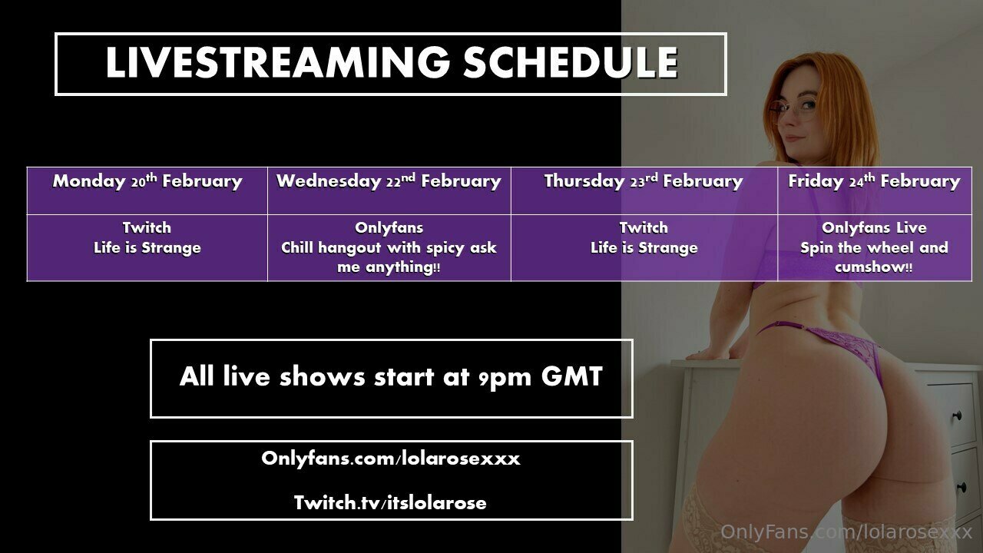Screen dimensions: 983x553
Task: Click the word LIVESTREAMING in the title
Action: [x=277, y=63]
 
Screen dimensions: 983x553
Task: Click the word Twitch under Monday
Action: [x=147, y=228]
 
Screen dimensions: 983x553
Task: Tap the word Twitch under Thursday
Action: [x=644, y=228]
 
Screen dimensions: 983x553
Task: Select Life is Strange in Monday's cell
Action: [x=147, y=248]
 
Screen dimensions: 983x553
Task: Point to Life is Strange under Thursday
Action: [x=644, y=248]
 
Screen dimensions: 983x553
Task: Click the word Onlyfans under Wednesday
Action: [x=389, y=228]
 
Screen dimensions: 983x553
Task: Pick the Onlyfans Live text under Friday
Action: [x=874, y=228]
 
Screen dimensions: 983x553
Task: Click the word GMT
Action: [x=572, y=376]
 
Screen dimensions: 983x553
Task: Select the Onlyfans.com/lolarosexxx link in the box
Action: [x=391, y=459]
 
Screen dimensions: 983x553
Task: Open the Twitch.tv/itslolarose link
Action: [x=390, y=503]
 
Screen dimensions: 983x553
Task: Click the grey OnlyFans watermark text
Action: [x=846, y=532]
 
